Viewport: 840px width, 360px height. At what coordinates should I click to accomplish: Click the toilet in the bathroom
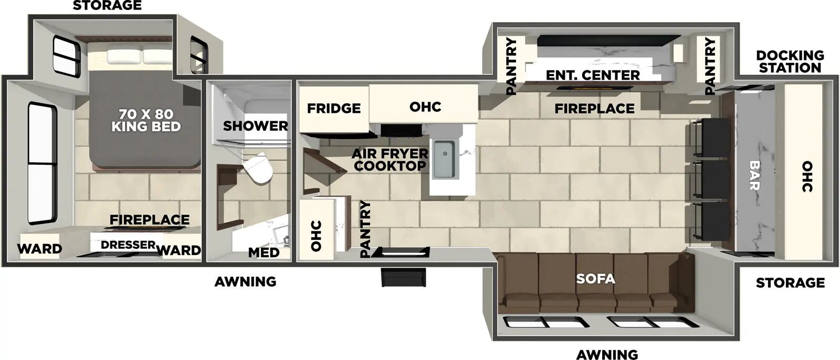point(258,168)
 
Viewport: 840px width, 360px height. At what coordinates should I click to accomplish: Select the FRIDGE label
point(334,109)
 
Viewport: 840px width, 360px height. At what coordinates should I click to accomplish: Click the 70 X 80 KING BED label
point(146,120)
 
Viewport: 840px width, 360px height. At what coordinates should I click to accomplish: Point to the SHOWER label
point(255,126)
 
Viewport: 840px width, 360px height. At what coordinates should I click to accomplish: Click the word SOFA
point(595,278)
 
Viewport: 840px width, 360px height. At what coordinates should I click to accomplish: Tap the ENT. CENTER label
point(593,76)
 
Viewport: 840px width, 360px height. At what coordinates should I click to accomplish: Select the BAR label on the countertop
point(754,175)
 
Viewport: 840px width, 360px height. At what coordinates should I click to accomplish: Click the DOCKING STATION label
point(790,61)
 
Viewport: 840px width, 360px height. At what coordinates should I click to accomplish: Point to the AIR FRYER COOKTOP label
point(390,160)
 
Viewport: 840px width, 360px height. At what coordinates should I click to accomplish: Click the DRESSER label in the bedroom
point(128,245)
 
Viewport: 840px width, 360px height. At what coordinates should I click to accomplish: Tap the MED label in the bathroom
point(264,252)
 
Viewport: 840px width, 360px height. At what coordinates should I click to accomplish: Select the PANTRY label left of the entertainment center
point(511,66)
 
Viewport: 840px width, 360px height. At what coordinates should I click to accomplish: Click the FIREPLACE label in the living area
point(594,109)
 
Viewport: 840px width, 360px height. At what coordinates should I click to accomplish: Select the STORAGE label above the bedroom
point(107,6)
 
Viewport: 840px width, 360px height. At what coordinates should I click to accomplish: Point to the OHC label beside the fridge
point(425,107)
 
